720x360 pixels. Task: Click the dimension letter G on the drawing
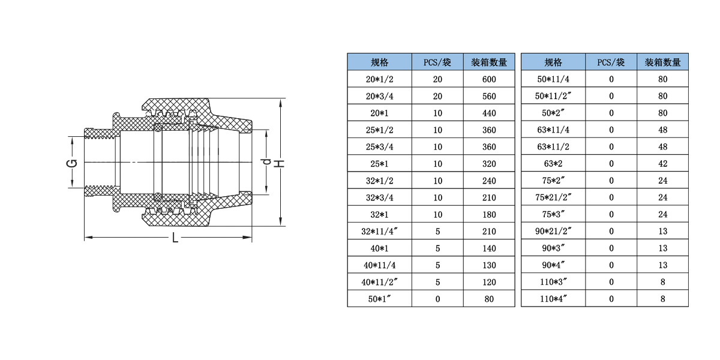72,163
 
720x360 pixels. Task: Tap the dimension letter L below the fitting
175,238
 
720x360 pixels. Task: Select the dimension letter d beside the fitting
267,161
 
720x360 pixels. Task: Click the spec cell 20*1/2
379,79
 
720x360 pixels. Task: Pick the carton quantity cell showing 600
489,79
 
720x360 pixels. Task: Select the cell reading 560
489,96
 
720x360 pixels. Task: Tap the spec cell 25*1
379,164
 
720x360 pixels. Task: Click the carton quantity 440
489,113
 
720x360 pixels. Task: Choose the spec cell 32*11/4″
379,232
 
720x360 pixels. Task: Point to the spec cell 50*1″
379,299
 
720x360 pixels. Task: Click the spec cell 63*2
553,164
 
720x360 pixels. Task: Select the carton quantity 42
663,164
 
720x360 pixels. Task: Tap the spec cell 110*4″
553,299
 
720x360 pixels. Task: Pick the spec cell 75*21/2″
553,197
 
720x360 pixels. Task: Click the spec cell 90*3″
553,248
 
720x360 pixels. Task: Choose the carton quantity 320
489,164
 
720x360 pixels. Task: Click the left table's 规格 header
379,62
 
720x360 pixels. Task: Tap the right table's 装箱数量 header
663,62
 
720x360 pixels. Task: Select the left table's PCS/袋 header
437,62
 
